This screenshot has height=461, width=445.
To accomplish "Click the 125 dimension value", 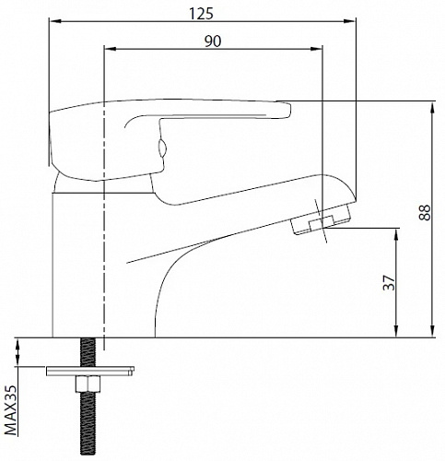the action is (x=201, y=14).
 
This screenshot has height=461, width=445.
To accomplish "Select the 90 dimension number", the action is (x=213, y=41).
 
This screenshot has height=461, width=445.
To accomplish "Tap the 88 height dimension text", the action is (x=425, y=213).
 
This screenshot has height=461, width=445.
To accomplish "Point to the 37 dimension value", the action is (x=389, y=282).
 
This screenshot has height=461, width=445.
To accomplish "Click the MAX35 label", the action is (x=11, y=410).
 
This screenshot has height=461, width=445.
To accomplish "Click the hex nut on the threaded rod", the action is (x=88, y=384).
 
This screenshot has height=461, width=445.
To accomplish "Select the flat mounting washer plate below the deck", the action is (x=90, y=371).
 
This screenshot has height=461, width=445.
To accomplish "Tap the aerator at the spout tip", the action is (x=321, y=219).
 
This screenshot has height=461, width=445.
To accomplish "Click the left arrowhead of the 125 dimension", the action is (x=55, y=21).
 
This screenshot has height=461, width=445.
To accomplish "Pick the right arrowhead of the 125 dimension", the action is (x=350, y=21).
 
